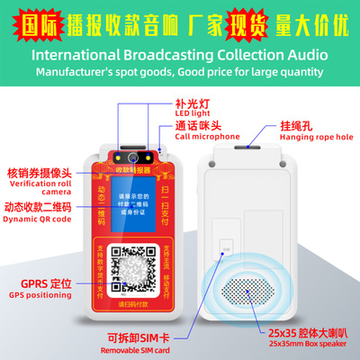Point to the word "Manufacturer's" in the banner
[68, 71]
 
